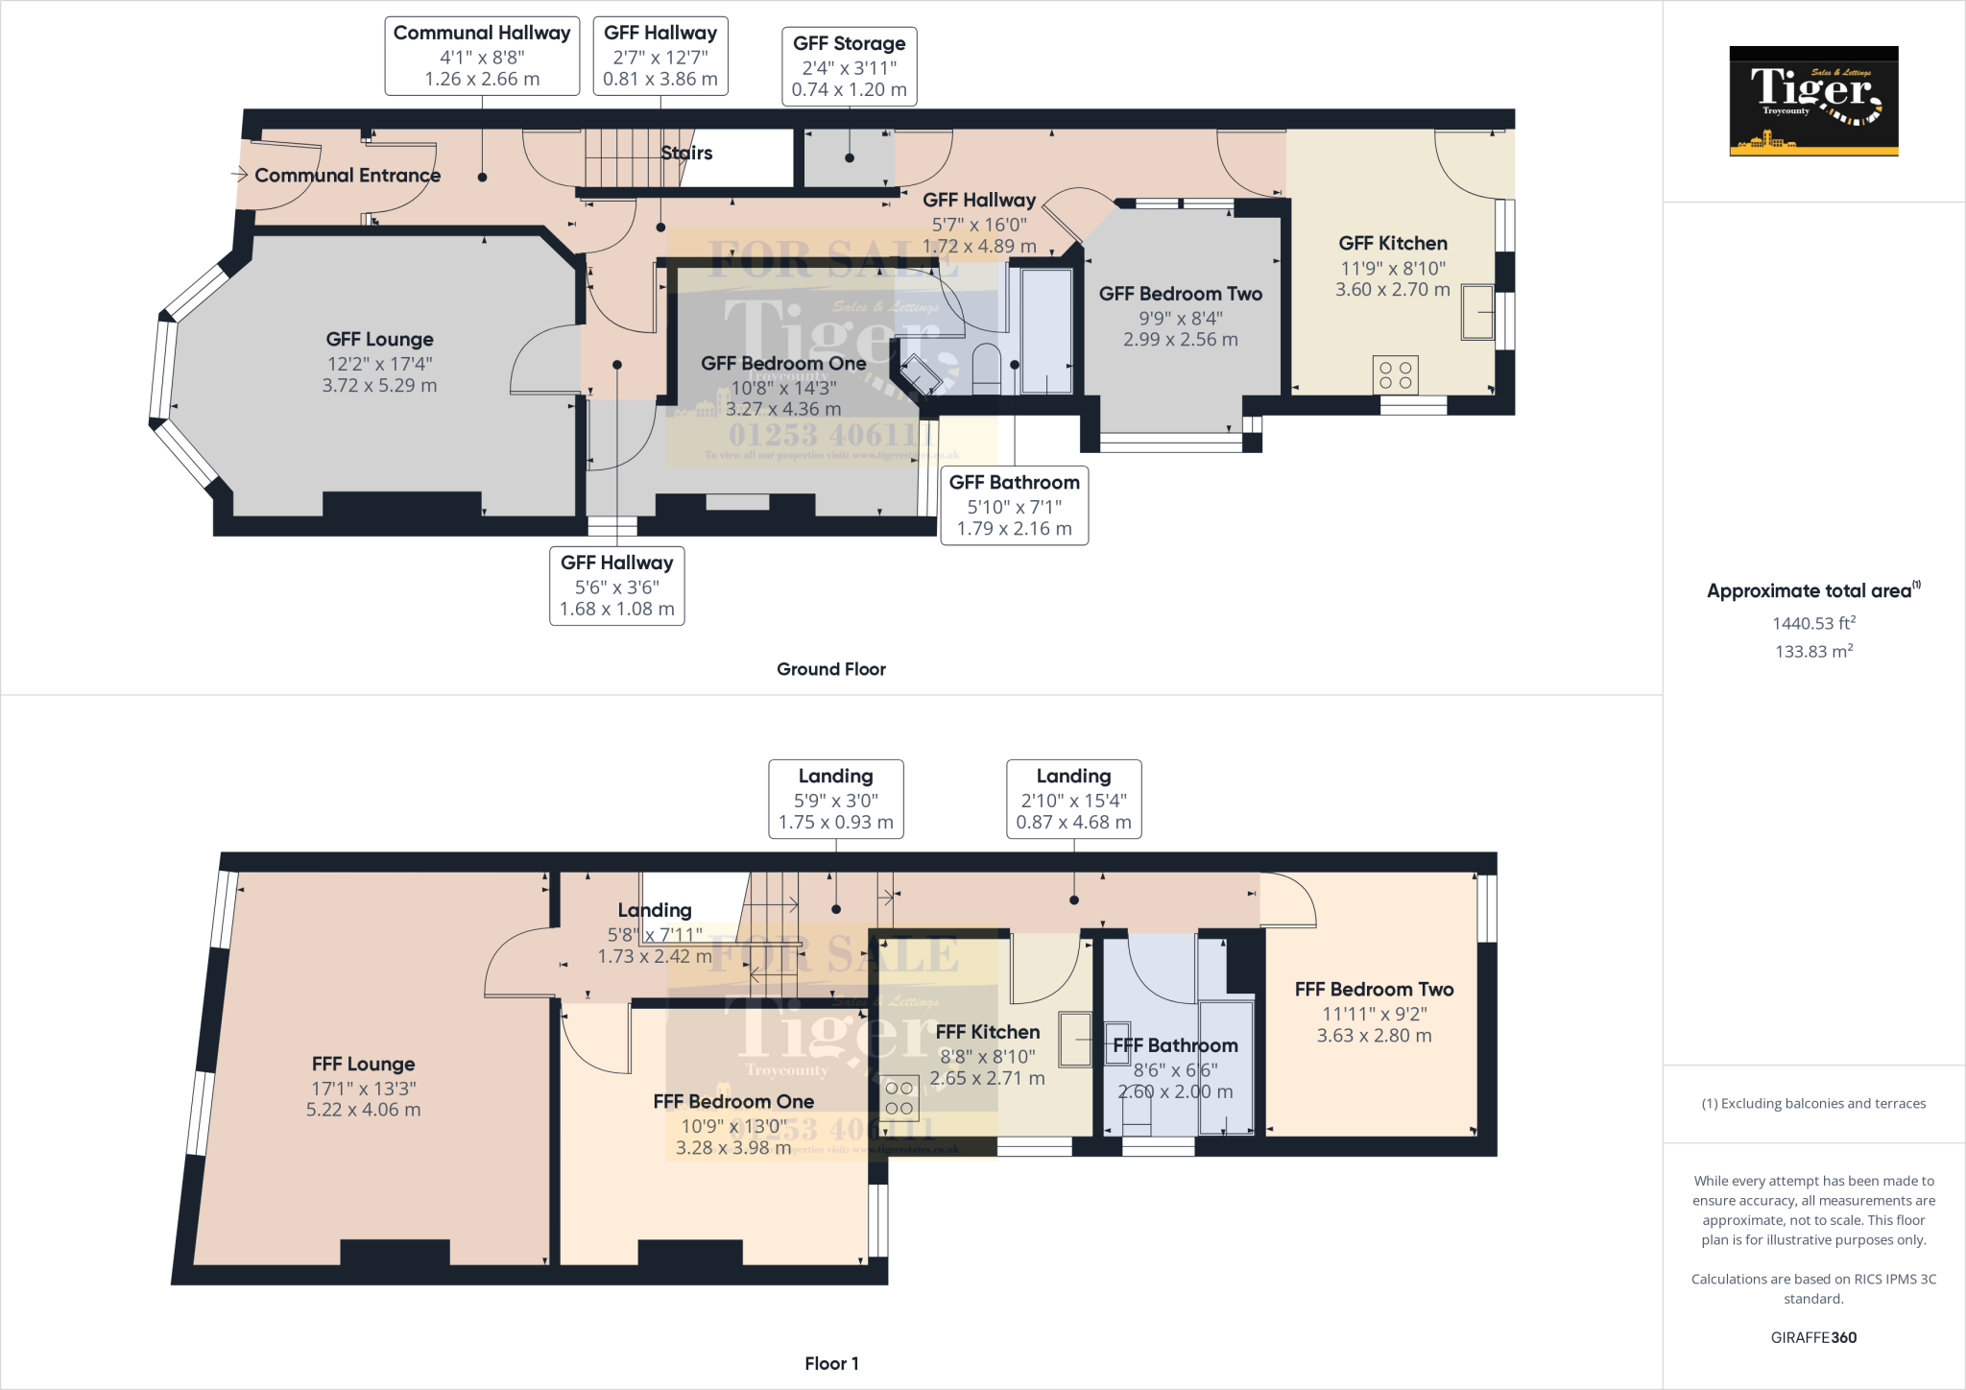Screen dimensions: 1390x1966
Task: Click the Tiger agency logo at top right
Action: [1813, 101]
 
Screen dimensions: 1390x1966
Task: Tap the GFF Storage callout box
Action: [849, 66]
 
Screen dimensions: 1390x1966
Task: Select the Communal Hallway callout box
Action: [482, 56]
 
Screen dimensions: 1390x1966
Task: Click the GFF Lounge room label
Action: [379, 339]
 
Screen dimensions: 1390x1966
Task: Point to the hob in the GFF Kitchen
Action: [1395, 375]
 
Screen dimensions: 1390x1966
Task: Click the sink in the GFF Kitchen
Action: [1477, 312]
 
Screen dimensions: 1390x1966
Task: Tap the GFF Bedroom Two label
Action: [1180, 294]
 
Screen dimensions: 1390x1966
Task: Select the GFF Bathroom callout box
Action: [1014, 505]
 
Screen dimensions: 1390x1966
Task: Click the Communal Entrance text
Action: [347, 176]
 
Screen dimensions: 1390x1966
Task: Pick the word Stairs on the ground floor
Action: [686, 153]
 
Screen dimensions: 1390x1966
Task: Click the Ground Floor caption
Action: [830, 669]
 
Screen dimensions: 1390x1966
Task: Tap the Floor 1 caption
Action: [831, 1363]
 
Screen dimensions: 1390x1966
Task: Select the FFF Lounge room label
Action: [363, 1064]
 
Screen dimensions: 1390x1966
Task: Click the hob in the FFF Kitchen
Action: [899, 1098]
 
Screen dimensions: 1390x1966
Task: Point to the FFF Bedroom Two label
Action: [1374, 989]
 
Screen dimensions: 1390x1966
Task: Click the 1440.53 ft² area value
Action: [1813, 623]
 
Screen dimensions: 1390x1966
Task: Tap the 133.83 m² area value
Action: [1813, 651]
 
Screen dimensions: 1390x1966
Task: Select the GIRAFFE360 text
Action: [1813, 1337]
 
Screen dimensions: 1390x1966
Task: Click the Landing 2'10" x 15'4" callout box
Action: [1073, 799]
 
